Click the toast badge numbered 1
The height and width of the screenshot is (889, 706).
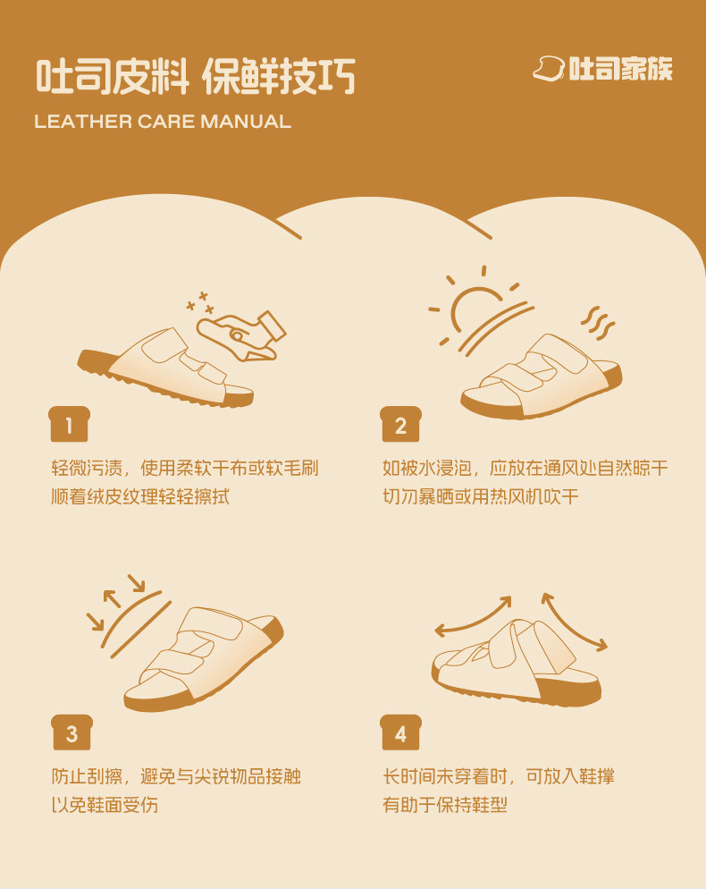point(69,424)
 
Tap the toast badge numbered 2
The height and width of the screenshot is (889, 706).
point(400,424)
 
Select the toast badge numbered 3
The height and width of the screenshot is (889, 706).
point(71,732)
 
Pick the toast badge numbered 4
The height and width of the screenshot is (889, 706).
point(400,732)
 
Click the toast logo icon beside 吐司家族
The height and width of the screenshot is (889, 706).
point(549,69)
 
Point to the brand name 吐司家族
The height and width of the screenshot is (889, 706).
point(620,69)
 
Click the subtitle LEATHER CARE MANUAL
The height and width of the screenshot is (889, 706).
point(163,122)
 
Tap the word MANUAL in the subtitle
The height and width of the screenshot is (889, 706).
point(246,122)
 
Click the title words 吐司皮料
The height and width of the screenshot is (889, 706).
point(113,76)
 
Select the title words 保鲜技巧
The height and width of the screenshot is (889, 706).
point(279,76)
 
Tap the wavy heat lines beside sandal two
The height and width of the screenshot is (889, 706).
point(598,324)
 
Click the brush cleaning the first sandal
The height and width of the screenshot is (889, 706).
point(240,336)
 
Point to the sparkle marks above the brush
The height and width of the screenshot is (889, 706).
point(201,303)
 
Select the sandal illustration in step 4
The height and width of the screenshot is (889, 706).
point(516,662)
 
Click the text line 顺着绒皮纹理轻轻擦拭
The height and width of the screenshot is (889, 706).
point(140,496)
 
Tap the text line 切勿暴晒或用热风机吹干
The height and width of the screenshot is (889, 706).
point(481,496)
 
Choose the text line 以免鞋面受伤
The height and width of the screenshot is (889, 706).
point(105,805)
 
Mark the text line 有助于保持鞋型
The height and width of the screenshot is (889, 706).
point(445,805)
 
